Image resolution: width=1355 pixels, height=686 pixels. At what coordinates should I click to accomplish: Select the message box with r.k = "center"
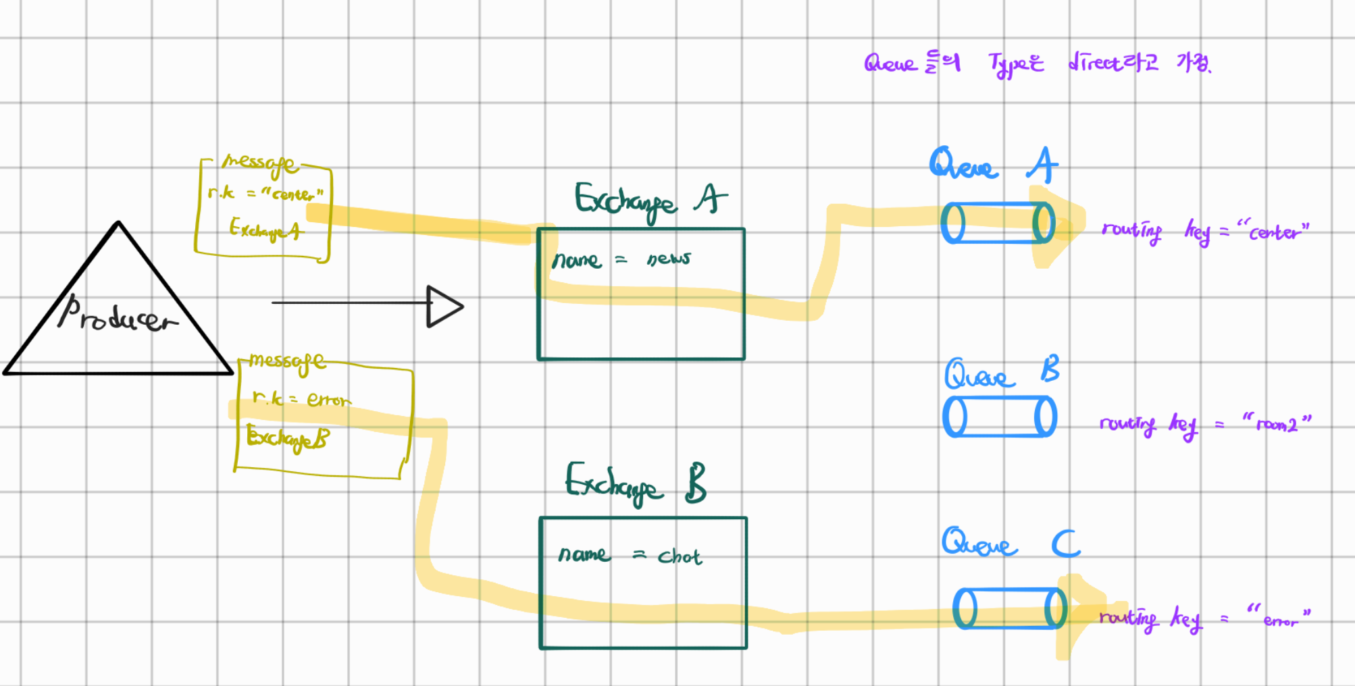[x=263, y=209]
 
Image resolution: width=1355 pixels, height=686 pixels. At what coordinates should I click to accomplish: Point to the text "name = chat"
[x=630, y=556]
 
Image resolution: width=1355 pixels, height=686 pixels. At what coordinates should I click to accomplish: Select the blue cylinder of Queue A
[x=998, y=223]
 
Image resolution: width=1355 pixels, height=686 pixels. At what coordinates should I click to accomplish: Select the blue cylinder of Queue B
[x=1000, y=417]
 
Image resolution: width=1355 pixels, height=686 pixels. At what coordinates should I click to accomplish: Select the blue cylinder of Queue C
[x=1009, y=608]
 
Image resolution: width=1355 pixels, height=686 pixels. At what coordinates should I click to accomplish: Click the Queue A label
[x=993, y=165]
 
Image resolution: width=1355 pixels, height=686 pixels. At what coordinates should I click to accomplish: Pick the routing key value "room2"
[x=1277, y=424]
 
